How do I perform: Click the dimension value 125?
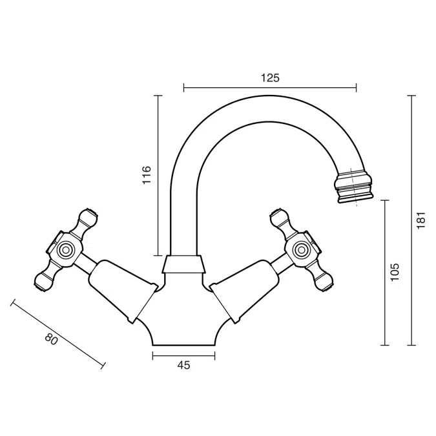click(270, 78)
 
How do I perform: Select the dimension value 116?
click(146, 175)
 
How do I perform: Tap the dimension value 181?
click(421, 220)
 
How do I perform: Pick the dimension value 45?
click(183, 366)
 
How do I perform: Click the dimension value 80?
click(51, 339)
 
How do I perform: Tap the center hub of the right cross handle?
click(301, 249)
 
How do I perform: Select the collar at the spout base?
click(184, 265)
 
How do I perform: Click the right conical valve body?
click(245, 289)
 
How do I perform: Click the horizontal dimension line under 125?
click(270, 87)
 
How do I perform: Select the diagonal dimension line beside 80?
click(57, 334)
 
